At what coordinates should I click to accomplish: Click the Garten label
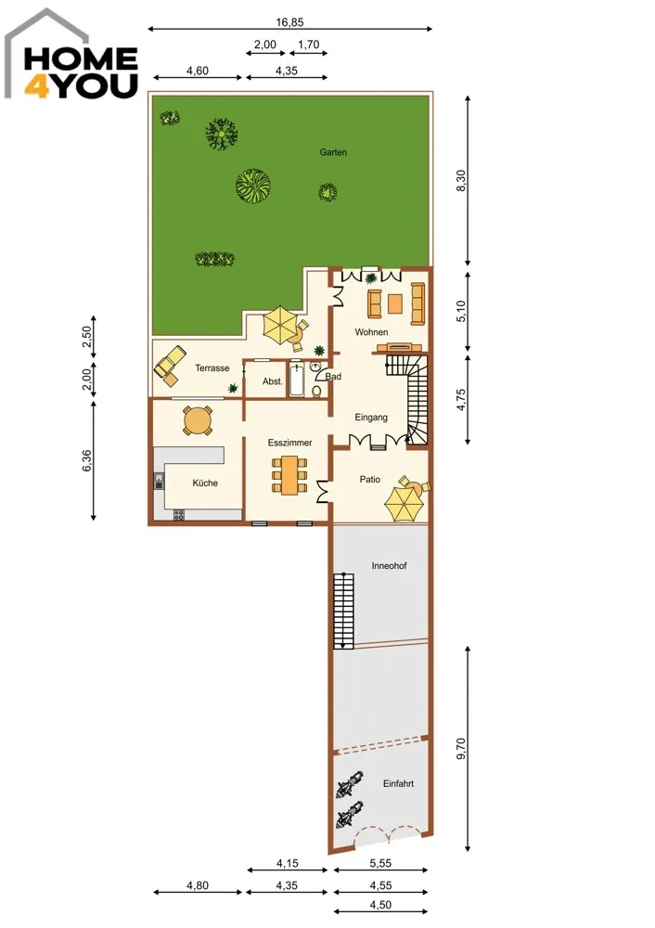[x=333, y=152]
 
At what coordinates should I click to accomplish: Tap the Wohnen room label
[x=372, y=332]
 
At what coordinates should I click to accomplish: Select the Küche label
[x=205, y=483]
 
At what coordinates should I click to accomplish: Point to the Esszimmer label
[x=290, y=443]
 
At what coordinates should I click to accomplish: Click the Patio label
[x=370, y=480]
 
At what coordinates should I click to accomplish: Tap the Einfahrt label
[x=398, y=783]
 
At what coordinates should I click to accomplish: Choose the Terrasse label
[x=212, y=368]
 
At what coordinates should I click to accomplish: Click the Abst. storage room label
[x=273, y=381]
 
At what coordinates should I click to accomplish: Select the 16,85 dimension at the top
[x=289, y=22]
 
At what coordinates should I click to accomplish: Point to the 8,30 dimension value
[x=461, y=181]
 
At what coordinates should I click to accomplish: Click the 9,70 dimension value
[x=461, y=749]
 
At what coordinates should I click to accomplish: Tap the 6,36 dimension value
[x=86, y=460]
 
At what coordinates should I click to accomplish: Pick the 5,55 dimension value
[x=380, y=863]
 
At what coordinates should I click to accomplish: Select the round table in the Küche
[x=198, y=420]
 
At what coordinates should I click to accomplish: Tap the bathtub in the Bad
[x=297, y=381]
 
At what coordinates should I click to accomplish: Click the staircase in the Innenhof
[x=343, y=611]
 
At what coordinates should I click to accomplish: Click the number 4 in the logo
[x=35, y=85]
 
